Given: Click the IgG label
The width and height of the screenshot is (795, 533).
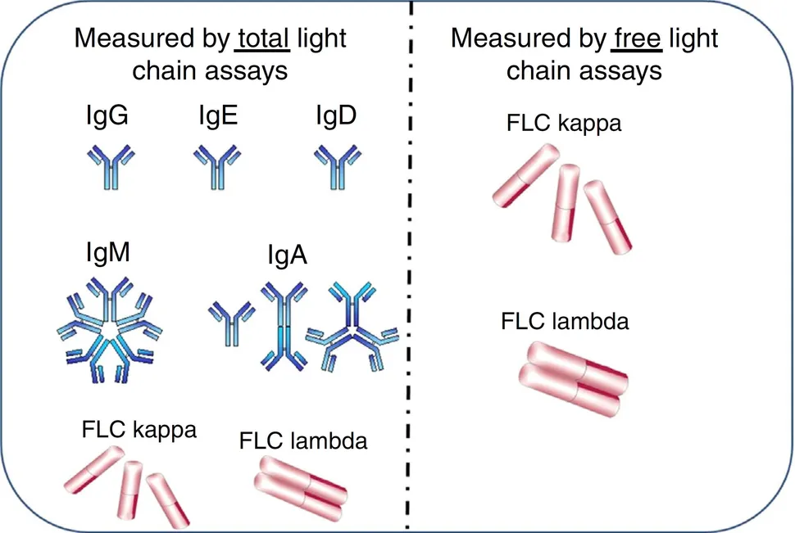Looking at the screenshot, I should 106,118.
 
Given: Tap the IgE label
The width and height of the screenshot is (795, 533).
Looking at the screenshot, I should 216,118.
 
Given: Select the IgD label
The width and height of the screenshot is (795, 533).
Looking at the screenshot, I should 336,118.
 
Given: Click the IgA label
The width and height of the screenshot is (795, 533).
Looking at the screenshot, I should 287,256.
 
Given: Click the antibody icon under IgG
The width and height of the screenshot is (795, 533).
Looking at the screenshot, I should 107,165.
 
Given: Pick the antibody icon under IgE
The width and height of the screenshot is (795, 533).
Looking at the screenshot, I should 216,165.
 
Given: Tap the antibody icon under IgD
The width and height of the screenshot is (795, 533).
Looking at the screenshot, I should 337,165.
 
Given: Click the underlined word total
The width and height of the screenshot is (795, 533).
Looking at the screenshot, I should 263,38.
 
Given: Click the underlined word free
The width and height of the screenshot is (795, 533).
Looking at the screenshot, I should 637,38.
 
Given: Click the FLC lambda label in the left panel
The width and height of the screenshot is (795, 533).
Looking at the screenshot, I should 303,441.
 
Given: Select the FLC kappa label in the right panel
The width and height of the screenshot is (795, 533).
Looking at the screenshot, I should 564,124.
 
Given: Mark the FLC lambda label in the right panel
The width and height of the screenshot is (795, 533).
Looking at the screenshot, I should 565,320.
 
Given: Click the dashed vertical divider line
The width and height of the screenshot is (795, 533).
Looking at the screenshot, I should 408,270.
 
